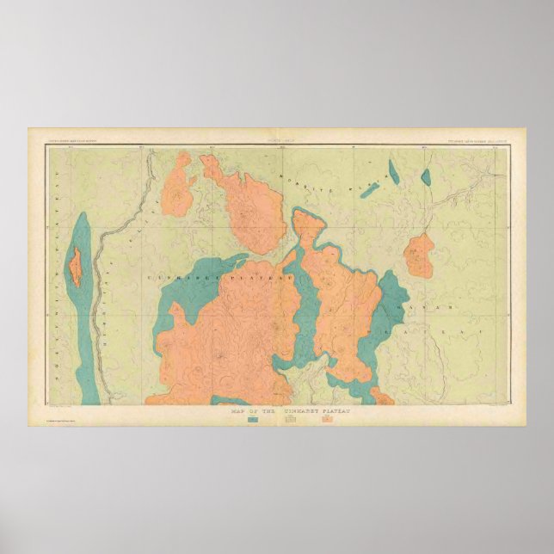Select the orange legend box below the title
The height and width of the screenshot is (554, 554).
(x=327, y=420)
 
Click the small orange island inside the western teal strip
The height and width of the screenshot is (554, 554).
(x=77, y=267)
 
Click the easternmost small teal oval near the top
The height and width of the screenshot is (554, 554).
(x=425, y=177)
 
